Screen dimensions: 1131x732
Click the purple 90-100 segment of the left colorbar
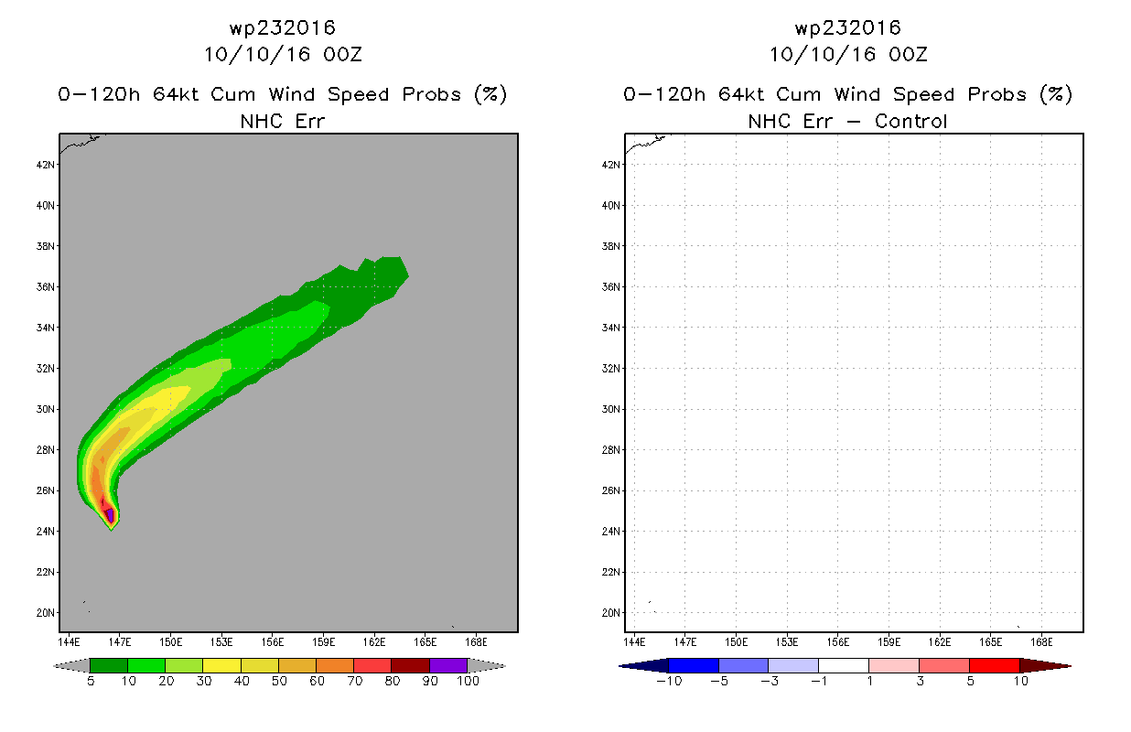(448, 665)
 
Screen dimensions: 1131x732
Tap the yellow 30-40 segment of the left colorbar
(221, 665)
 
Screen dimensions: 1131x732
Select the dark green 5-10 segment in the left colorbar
(109, 665)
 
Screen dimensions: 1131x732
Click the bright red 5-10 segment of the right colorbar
(995, 665)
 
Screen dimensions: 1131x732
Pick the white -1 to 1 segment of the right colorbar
(844, 665)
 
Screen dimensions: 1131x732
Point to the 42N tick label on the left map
(46, 165)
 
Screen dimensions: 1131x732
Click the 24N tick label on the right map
(611, 531)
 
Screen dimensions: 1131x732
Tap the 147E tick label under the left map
(120, 642)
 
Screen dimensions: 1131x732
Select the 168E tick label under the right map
(1041, 642)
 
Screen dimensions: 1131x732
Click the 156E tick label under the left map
(273, 642)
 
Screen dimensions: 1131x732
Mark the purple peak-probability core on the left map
(110, 515)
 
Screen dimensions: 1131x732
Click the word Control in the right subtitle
(910, 121)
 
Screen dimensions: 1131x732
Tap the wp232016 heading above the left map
(283, 27)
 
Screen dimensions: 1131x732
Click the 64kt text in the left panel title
(177, 94)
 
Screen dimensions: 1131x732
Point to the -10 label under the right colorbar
(669, 681)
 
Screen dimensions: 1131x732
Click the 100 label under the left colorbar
(468, 681)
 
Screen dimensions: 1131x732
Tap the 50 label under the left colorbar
(279, 681)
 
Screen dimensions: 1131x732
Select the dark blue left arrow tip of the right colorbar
(620, 666)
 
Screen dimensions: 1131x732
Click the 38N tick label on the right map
(611, 246)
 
